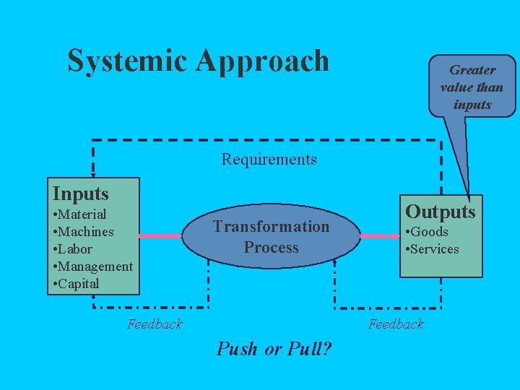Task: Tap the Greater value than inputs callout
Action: coord(472,87)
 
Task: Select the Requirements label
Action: coord(269,159)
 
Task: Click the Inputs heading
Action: coord(81,194)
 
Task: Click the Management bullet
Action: coord(93,266)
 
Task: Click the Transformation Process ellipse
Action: coord(271,237)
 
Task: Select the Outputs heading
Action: coord(441,212)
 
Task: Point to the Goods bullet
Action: coord(429,232)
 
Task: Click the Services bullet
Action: coord(434,249)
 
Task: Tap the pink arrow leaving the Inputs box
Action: coord(160,236)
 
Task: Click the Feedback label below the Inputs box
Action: coord(155,324)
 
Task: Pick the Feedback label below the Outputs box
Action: coord(396,324)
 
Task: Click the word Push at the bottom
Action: coord(237,350)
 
